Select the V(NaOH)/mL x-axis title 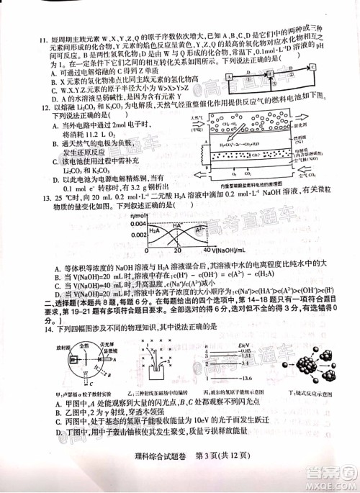click(x=234, y=250)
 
